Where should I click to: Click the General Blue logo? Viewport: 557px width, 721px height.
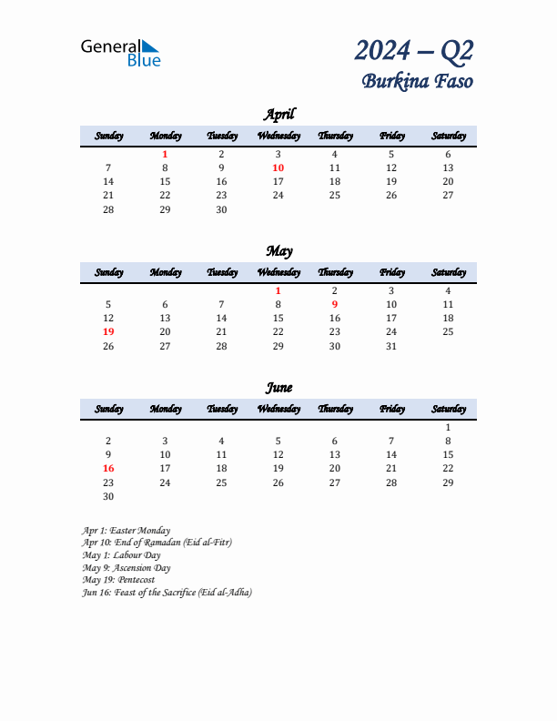[120, 52]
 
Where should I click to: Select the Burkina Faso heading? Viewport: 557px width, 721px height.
[418, 81]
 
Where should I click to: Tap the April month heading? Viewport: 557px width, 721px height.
[278, 114]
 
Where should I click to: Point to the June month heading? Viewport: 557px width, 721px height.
[278, 387]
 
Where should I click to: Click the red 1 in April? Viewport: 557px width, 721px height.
[165, 155]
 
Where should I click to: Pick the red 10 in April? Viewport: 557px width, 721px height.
[278, 168]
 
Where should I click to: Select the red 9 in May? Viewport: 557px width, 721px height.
[335, 305]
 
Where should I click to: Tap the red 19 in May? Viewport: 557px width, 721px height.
[108, 332]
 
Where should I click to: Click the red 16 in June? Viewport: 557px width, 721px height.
[108, 469]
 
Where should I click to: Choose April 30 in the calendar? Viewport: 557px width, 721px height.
[221, 209]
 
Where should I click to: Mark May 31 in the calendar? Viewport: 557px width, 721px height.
[391, 346]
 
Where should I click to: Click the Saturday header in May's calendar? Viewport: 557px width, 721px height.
[448, 272]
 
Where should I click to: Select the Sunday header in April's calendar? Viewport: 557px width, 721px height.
[108, 136]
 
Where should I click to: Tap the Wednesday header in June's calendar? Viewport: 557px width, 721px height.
[278, 409]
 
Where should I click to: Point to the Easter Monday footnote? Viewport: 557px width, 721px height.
[126, 530]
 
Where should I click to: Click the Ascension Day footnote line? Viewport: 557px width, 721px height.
[127, 567]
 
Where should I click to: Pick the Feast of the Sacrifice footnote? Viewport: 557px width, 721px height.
[167, 592]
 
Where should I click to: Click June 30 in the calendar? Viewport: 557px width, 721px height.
[108, 496]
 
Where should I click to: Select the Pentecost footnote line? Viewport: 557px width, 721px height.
[118, 579]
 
